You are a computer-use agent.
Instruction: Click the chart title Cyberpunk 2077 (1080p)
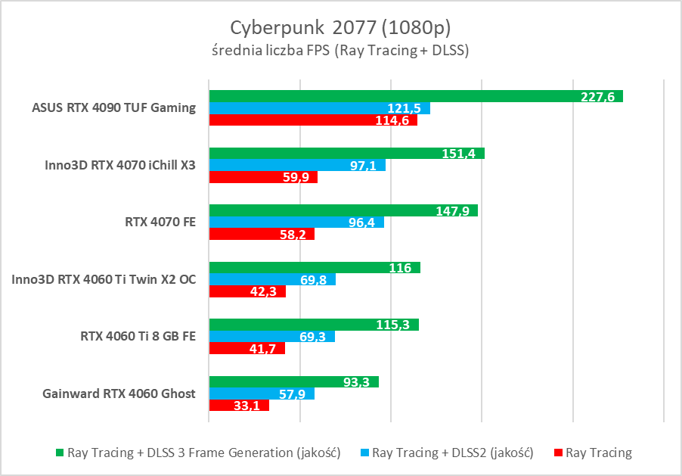click(x=340, y=27)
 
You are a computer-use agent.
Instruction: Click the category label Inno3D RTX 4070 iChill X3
click(x=120, y=166)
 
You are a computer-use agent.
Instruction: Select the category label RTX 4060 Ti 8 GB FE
click(x=138, y=336)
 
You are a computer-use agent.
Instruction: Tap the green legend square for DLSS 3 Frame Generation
click(x=60, y=453)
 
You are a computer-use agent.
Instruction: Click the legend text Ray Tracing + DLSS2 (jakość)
click(x=453, y=453)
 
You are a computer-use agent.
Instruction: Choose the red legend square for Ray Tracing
click(x=559, y=453)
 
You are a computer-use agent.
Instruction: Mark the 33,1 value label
click(x=251, y=406)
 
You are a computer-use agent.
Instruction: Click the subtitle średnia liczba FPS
click(x=340, y=51)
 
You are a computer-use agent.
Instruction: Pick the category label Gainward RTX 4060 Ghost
click(x=119, y=394)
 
